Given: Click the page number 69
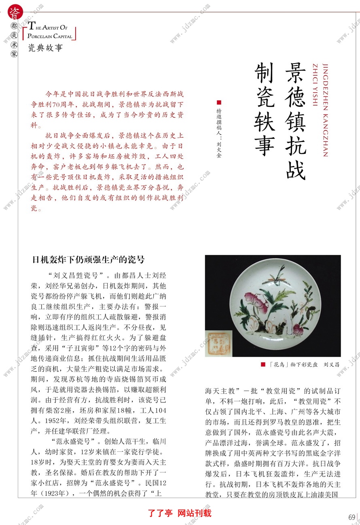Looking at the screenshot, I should [352, 517].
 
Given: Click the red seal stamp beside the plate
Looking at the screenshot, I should [219, 342].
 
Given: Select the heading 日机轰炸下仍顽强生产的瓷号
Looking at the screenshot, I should [88, 260].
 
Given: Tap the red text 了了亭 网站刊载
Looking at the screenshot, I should [180, 513].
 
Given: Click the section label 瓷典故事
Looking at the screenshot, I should [45, 48].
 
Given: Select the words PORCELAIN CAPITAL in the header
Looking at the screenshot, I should [50, 36].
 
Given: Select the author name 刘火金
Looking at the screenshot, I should [219, 149].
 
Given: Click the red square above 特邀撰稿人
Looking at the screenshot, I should [219, 102].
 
